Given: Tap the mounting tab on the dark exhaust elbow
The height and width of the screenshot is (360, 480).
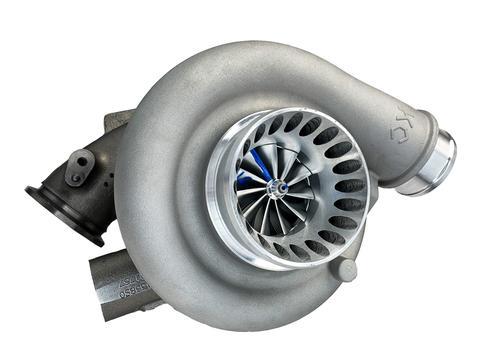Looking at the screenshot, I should [82, 165].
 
